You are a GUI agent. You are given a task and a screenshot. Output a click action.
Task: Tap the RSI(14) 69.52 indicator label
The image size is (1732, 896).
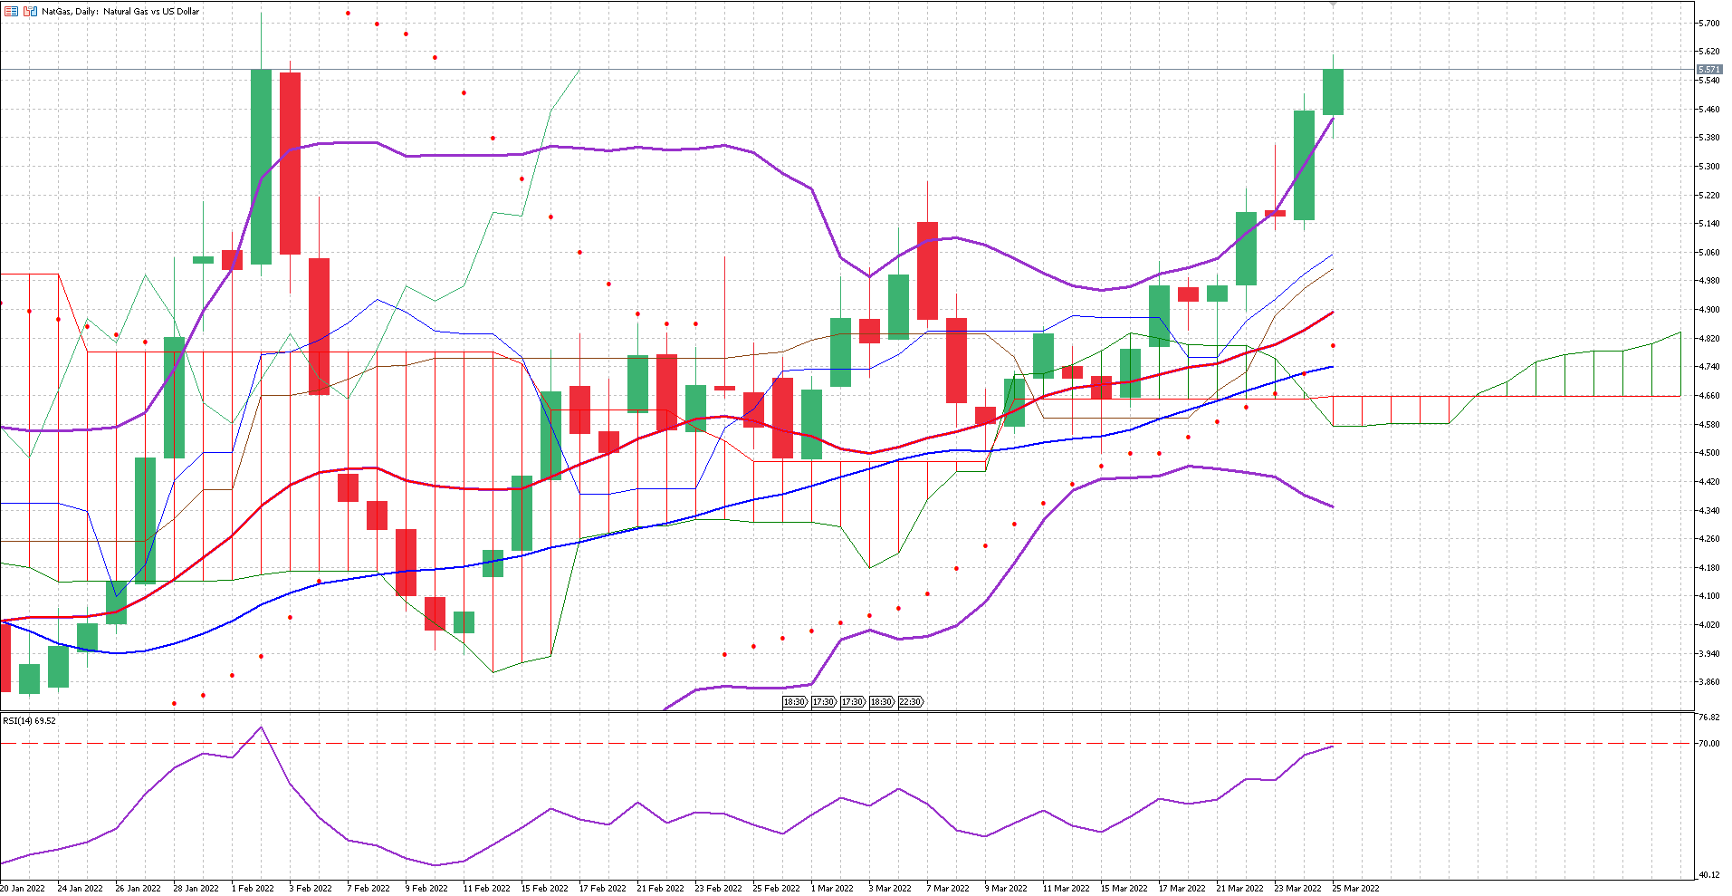point(29,721)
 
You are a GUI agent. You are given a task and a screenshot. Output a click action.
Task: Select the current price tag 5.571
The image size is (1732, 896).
point(1708,70)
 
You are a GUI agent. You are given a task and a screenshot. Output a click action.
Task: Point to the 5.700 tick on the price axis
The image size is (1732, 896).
point(1708,23)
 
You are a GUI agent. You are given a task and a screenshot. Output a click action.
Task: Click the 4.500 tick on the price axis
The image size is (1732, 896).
point(1708,453)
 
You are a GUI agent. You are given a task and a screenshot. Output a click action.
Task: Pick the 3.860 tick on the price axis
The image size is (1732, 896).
point(1708,682)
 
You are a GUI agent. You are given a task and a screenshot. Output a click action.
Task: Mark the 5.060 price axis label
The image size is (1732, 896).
point(1708,253)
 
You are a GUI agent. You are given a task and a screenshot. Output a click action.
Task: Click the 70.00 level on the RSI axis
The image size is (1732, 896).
point(1708,744)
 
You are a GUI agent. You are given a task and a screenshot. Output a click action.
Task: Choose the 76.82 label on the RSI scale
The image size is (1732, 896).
point(1708,718)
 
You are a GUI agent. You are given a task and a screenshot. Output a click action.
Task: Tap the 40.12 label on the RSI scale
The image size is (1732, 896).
point(1708,875)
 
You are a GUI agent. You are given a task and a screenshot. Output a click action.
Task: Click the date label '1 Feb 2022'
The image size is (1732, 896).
point(253,889)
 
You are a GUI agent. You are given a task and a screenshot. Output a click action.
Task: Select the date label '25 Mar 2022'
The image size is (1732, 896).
point(1355,889)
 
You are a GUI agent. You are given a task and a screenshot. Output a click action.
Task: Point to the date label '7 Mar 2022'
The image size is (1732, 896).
point(947,889)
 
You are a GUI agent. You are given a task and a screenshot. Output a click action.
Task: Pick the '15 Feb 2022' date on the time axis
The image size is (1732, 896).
point(544,889)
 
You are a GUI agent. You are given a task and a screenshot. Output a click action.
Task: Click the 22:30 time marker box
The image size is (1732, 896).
point(910,702)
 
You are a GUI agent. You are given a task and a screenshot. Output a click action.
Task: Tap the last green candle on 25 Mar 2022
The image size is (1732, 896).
point(1333,92)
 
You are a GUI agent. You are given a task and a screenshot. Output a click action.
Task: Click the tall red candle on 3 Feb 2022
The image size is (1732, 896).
point(290,163)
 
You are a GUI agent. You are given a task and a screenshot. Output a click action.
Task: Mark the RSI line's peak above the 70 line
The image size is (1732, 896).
point(262,727)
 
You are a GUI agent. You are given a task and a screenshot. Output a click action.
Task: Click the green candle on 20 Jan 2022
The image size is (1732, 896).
point(29,679)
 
